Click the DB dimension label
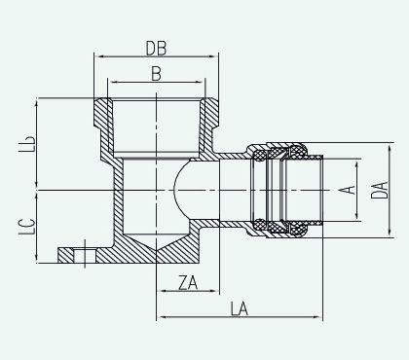(156, 49)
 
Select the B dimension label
(156, 74)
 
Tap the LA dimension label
(240, 308)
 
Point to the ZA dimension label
(188, 283)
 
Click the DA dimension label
(379, 190)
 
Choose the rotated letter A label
(347, 190)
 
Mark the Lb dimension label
(26, 144)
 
